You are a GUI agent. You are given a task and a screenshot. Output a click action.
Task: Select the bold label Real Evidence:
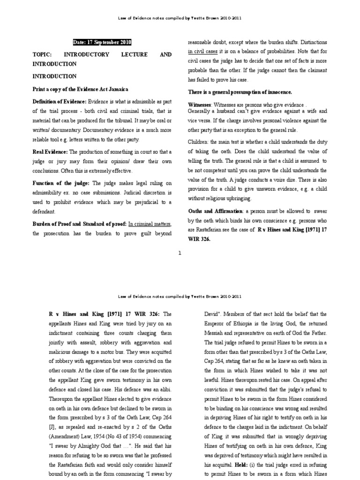50,152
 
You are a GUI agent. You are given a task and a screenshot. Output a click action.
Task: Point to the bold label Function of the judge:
61,182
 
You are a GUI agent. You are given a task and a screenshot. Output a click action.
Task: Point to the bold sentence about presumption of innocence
240,92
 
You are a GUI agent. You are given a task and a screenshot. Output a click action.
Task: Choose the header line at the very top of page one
180,18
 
